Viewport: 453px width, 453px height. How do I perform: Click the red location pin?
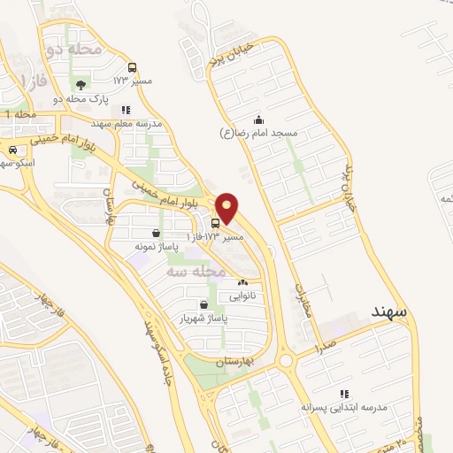(x=227, y=208)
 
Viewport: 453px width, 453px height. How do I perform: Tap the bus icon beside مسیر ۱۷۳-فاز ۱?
(x=218, y=223)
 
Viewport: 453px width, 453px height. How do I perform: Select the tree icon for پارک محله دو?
(x=81, y=86)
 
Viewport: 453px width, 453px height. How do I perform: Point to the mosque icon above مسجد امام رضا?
(x=257, y=119)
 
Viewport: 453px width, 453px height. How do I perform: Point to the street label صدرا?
(x=324, y=346)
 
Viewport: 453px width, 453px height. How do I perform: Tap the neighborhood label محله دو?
(x=68, y=50)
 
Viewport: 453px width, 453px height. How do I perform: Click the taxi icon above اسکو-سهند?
(x=11, y=150)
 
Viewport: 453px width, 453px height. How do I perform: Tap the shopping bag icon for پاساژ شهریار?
(x=204, y=303)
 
